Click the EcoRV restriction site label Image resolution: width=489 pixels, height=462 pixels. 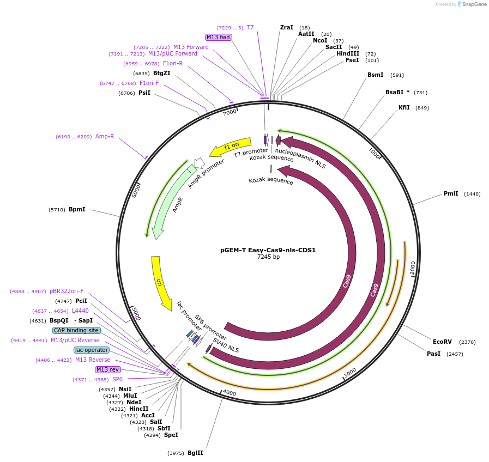(442, 342)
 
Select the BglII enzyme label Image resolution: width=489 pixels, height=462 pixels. (195, 453)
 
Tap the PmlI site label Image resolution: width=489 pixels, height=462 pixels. (451, 193)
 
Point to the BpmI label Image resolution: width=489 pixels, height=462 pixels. (77, 209)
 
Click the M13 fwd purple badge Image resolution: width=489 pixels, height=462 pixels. (218, 37)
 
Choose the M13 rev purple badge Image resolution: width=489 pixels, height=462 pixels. (107, 369)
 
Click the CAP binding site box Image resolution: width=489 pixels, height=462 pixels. (76, 330)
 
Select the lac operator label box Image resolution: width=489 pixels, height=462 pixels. (92, 350)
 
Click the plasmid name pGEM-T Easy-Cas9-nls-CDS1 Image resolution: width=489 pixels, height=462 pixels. (268, 251)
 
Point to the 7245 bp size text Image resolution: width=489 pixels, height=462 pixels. (268, 257)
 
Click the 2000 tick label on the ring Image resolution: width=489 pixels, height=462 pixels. (413, 268)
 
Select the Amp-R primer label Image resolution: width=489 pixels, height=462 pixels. (105, 136)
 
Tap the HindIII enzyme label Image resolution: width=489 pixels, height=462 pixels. (348, 53)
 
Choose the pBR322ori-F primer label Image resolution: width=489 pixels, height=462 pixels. (67, 291)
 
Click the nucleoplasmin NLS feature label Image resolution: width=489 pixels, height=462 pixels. (300, 158)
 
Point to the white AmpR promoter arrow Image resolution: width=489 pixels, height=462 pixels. (199, 162)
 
